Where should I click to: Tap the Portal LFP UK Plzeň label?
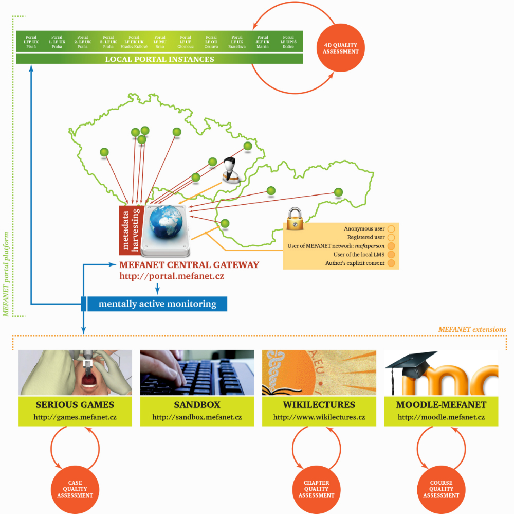(x=31, y=42)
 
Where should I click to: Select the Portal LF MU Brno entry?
(x=160, y=42)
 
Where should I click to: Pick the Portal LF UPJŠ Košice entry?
(x=288, y=42)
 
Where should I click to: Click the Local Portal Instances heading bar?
(x=159, y=59)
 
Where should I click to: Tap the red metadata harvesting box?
(x=130, y=230)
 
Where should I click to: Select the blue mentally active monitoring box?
(x=157, y=304)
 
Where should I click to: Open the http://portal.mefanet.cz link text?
(x=172, y=276)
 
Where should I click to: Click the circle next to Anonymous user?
(x=391, y=228)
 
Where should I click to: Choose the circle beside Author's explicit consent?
(x=391, y=263)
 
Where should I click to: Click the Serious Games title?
(x=75, y=405)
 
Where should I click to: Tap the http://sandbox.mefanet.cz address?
(x=197, y=417)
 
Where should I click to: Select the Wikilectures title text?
(x=319, y=405)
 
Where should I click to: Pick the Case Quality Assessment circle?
(x=75, y=489)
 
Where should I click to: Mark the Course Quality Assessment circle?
(x=441, y=489)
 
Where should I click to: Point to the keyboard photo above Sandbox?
(x=197, y=373)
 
